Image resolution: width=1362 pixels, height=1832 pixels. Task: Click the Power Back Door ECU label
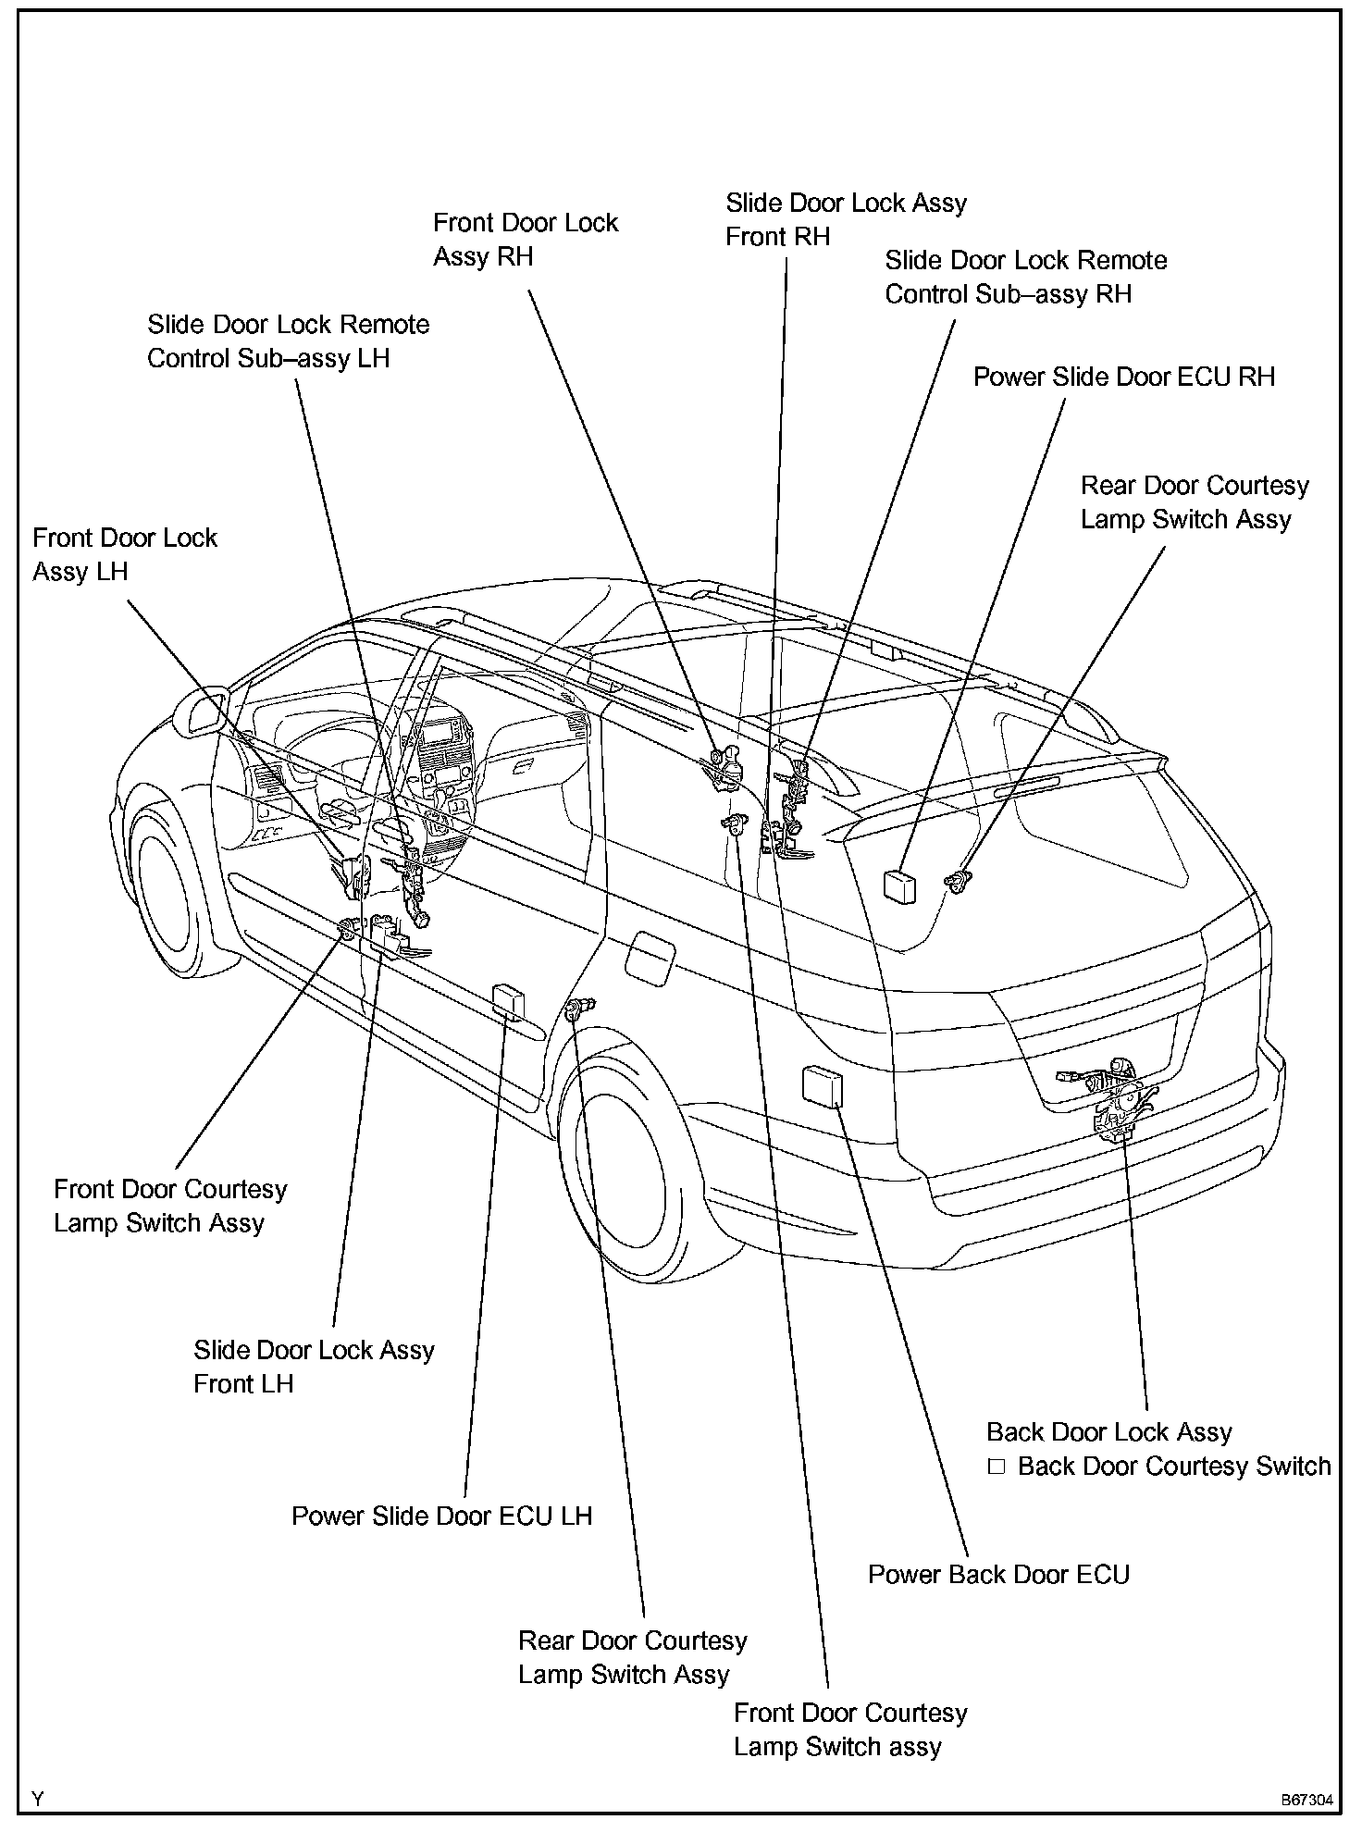pyautogui.click(x=998, y=1575)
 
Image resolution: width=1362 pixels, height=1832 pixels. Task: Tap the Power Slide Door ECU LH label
pyautogui.click(x=441, y=1516)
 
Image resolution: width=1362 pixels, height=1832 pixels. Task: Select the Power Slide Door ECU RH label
pyautogui.click(x=1124, y=378)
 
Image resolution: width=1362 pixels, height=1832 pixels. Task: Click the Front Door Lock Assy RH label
pyautogui.click(x=525, y=240)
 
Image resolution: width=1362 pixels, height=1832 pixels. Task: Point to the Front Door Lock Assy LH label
pyautogui.click(x=125, y=554)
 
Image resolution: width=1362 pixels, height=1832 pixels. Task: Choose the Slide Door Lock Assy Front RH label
pyautogui.click(x=846, y=219)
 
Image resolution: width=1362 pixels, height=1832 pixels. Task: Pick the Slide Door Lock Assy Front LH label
pyautogui.click(x=314, y=1367)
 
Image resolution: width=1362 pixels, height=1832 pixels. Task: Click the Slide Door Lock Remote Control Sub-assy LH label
pyautogui.click(x=289, y=341)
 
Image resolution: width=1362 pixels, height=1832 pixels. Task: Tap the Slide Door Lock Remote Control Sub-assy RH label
pyautogui.click(x=1025, y=277)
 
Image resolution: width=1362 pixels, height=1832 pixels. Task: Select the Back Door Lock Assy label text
pyautogui.click(x=1109, y=1432)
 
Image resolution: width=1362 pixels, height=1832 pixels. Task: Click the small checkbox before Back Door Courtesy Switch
pyautogui.click(x=997, y=1467)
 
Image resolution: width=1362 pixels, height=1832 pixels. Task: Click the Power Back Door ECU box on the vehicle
pyautogui.click(x=823, y=1085)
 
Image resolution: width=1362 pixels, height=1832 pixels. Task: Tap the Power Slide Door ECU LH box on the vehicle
pyautogui.click(x=509, y=1001)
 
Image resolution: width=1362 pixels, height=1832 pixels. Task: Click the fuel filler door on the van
pyautogui.click(x=650, y=957)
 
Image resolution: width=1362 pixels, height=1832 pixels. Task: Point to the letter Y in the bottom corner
pyautogui.click(x=38, y=1800)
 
